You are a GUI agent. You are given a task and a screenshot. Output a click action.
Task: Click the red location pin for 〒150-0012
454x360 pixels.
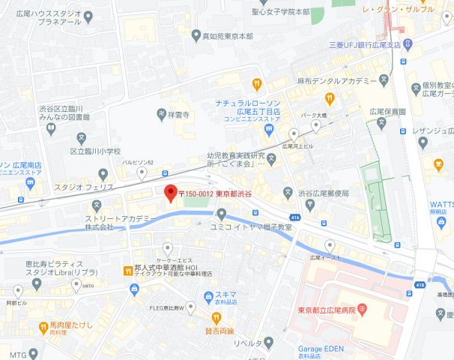coord(170,193)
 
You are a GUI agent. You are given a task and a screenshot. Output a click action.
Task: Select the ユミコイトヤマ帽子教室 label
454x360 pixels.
coord(250,226)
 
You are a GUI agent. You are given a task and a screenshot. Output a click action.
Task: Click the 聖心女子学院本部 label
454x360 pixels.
coord(282,12)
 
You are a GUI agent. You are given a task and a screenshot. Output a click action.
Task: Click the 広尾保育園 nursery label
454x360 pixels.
coord(387,111)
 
